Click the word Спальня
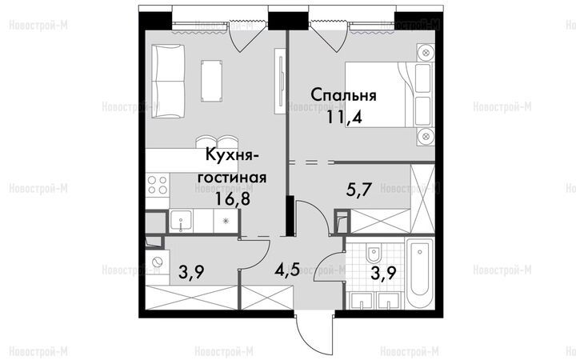pyautogui.click(x=343, y=95)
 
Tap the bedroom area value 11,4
pyautogui.click(x=344, y=118)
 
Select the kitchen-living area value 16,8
pyautogui.click(x=233, y=200)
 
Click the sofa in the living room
pyautogui.click(x=169, y=81)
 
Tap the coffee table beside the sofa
pyautogui.click(x=211, y=81)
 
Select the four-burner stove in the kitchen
pyautogui.click(x=158, y=185)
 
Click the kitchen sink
pyautogui.click(x=181, y=221)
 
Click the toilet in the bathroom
pyautogui.click(x=374, y=252)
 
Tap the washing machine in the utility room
pyautogui.click(x=158, y=262)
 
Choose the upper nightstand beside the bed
pyautogui.click(x=426, y=53)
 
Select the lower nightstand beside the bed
pyautogui.click(x=426, y=137)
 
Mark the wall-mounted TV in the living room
pyautogui.click(x=281, y=81)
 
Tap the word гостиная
pyautogui.click(x=232, y=178)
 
